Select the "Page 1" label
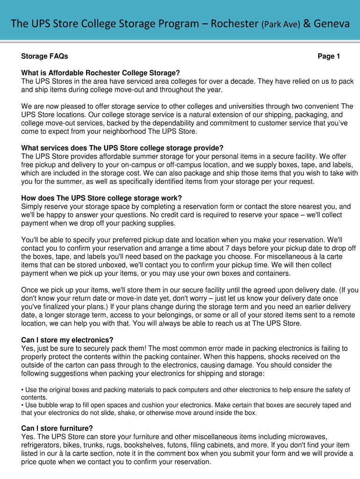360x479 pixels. [x=329, y=57]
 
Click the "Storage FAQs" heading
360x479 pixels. [x=45, y=57]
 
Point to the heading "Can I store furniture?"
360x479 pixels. [x=57, y=428]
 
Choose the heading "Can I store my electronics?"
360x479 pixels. [x=67, y=340]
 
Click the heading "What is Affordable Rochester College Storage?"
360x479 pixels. [x=101, y=73]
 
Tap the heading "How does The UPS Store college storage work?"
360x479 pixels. [x=101, y=197]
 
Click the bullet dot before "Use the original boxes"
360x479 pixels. [x=22, y=390]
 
